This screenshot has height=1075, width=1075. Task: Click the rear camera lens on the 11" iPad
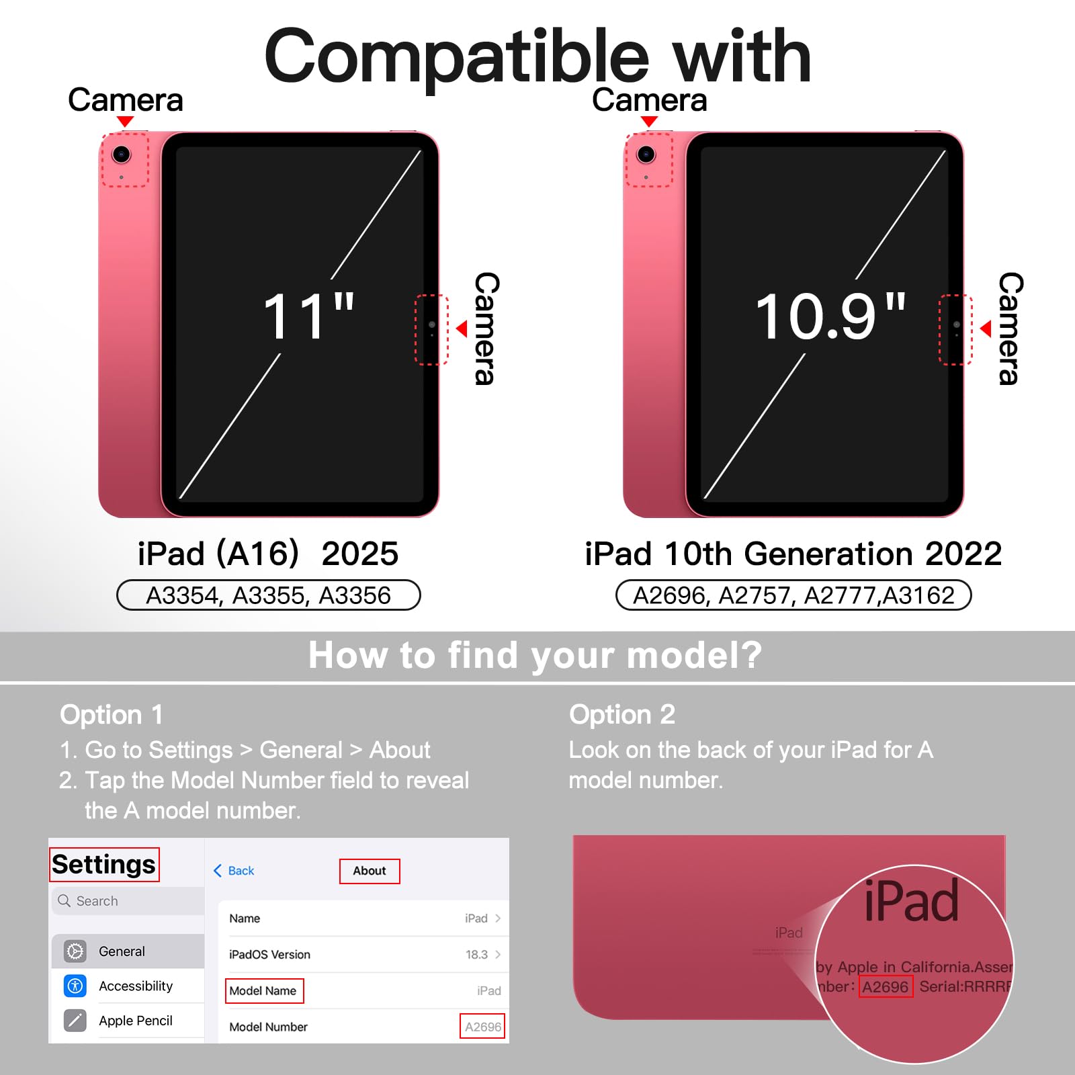tap(121, 155)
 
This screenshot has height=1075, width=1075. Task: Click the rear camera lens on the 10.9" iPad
tap(646, 155)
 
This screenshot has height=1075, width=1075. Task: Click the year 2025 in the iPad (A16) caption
tap(360, 554)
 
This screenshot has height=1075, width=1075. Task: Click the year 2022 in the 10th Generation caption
tap(963, 554)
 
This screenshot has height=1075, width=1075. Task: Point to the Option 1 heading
tap(112, 715)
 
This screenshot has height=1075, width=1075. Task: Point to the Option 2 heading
tap(622, 715)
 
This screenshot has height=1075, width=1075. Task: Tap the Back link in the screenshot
tap(234, 871)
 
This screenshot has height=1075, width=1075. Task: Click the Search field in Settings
tap(128, 901)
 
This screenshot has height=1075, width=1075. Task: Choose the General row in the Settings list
tap(128, 951)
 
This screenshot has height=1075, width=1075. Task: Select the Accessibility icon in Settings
tap(75, 986)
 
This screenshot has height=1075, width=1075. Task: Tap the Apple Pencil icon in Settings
tap(75, 1021)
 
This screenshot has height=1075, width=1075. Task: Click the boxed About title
tap(370, 871)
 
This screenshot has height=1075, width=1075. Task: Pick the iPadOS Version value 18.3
tap(476, 955)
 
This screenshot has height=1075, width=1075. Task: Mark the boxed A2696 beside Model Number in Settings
tap(482, 1027)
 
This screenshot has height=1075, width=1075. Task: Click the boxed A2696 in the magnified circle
tap(886, 987)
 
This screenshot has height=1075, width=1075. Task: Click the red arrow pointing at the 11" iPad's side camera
tap(462, 329)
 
